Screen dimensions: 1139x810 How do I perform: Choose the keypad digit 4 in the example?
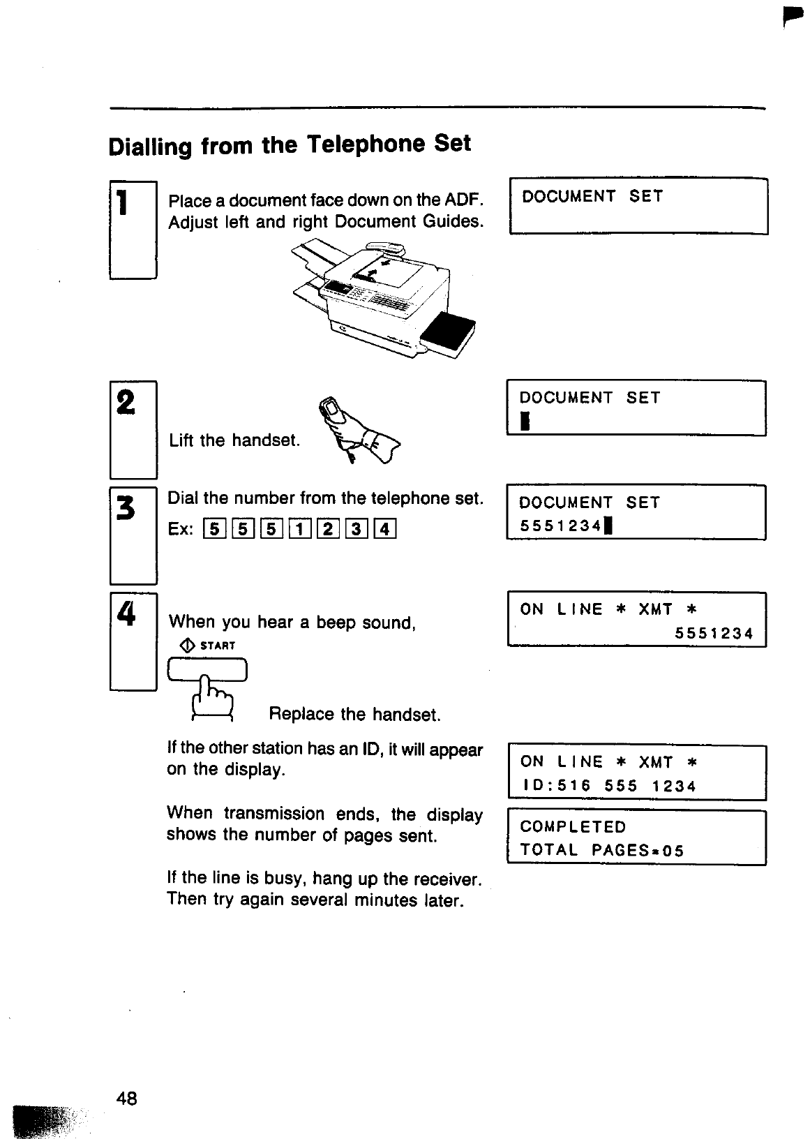point(384,530)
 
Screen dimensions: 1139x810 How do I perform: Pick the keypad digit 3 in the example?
point(356,530)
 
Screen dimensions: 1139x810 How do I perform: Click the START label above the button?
point(218,646)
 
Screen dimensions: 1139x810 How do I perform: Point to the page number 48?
point(127,1099)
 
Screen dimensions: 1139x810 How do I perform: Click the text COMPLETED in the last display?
point(573,827)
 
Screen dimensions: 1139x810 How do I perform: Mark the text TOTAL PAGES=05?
point(601,851)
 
